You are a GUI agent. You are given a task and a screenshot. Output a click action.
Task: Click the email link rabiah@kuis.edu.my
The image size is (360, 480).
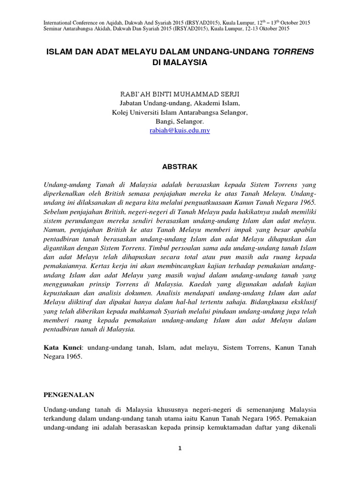point(180,131)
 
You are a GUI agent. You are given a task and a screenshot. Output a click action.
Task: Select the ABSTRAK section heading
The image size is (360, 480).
point(180,166)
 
